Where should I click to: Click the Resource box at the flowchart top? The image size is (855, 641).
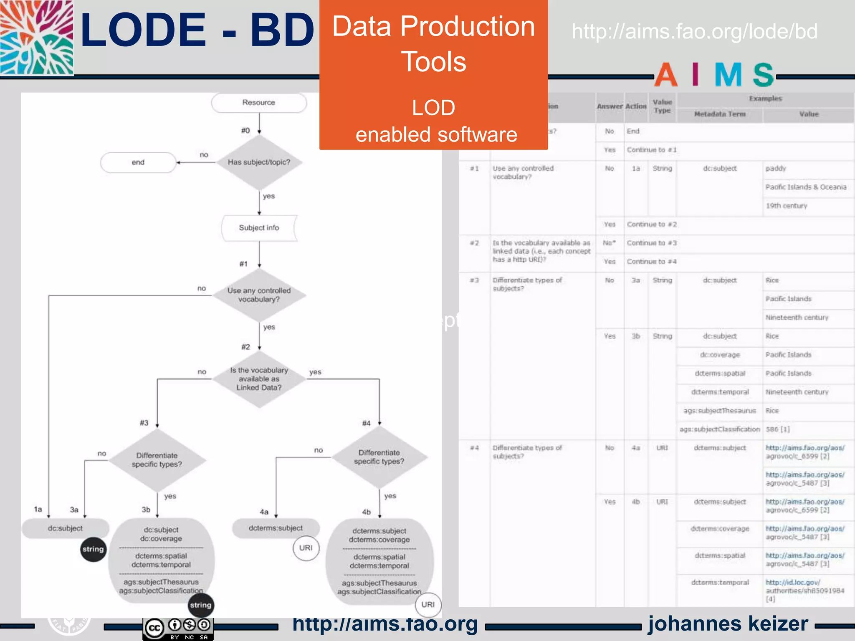[259, 103]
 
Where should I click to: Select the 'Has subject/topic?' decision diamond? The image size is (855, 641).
[259, 162]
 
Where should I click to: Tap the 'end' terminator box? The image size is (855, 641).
[138, 162]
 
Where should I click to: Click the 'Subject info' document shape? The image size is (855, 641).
[259, 228]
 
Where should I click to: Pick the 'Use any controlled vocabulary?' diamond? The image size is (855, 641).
[259, 295]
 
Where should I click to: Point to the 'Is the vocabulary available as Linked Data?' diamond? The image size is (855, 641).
[259, 379]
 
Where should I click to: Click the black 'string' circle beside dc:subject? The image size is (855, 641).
[93, 549]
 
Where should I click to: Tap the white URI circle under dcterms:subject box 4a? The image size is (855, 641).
[306, 548]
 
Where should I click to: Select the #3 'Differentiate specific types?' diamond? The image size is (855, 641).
[157, 460]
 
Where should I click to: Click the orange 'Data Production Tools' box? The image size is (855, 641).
[433, 75]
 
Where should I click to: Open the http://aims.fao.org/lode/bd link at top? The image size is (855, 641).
[694, 32]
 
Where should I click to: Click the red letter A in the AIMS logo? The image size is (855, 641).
[666, 75]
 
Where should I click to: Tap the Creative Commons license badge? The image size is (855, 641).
[178, 628]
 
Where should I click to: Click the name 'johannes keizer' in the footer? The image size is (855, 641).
[728, 623]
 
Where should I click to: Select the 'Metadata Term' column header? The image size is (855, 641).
[720, 114]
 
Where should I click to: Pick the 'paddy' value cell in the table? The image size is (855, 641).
[776, 169]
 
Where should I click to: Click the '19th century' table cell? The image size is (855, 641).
[786, 206]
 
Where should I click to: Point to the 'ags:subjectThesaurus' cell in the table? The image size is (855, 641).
[720, 411]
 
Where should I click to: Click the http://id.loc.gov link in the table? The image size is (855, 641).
[792, 582]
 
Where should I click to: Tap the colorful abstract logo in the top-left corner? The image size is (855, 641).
[37, 38]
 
